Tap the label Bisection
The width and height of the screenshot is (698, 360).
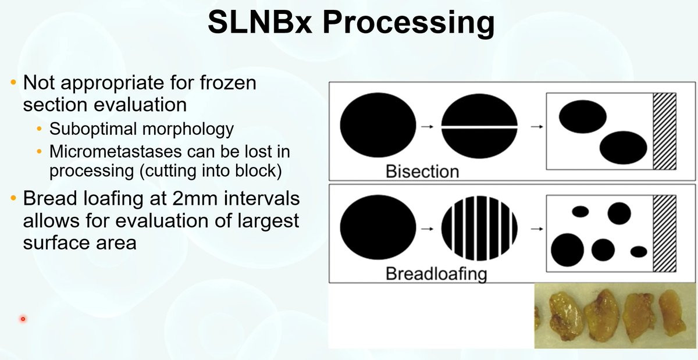point(422,172)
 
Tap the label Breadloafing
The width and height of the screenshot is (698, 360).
point(436,273)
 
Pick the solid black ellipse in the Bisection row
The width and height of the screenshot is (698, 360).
point(378,126)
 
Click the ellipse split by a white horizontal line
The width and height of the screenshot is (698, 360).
point(479,126)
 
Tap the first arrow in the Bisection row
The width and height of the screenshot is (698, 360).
point(428,126)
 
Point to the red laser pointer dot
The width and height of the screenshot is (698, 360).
point(23,319)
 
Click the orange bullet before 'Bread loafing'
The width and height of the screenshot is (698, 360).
point(13,199)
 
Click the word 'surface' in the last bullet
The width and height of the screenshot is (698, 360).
point(59,243)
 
